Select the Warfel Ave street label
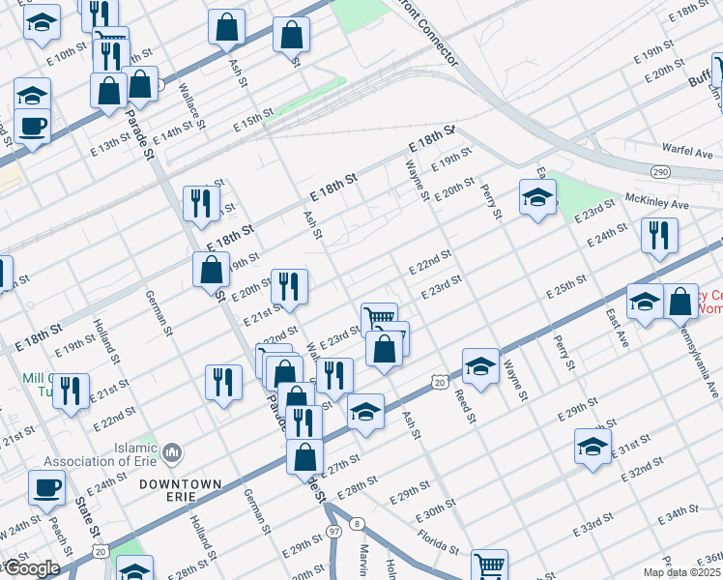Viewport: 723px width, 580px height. pyautogui.click(x=687, y=152)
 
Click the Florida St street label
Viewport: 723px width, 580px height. pyautogui.click(x=437, y=539)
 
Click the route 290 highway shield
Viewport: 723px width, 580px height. pyautogui.click(x=660, y=170)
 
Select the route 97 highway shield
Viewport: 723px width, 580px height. pyautogui.click(x=333, y=532)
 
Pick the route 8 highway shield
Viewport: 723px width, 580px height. pyautogui.click(x=358, y=524)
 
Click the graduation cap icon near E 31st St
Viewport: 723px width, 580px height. pyautogui.click(x=593, y=447)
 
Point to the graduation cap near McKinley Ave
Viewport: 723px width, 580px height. pyautogui.click(x=537, y=198)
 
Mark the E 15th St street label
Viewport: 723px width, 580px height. pyautogui.click(x=253, y=124)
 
